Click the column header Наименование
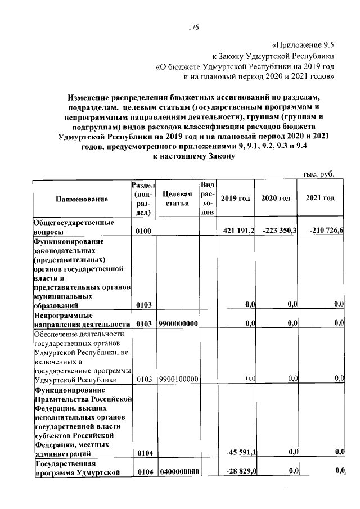(82, 199)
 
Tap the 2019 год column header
(235, 199)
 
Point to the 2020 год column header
(276, 199)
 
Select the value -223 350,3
(277, 231)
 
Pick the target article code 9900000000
(178, 323)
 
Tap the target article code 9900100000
(178, 380)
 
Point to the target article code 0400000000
(178, 471)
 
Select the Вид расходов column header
(208, 199)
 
